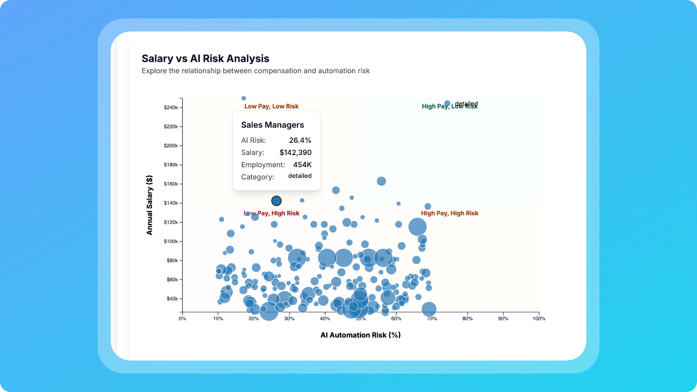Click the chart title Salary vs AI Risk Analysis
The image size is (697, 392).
coord(205,58)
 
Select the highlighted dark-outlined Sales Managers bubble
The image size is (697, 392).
coord(276,201)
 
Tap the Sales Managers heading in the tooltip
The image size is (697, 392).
coord(273,125)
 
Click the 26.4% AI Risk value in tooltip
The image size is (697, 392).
coord(300,140)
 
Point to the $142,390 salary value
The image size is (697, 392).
coord(295,152)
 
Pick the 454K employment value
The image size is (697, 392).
coord(302,165)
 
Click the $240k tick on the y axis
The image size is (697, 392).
coord(171,108)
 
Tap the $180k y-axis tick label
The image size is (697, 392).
coord(171,165)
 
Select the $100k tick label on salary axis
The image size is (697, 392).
coord(171,242)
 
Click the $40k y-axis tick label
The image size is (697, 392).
coord(172,299)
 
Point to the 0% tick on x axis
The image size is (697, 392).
coord(183,319)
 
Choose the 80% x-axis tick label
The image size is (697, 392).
coord(467,319)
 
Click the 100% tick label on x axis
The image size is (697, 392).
coord(539,319)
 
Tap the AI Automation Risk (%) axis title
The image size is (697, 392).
coord(360,335)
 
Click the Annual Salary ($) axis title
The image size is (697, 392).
coord(150,205)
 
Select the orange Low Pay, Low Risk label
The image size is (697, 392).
coord(271,106)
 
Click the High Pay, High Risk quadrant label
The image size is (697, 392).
coord(450,213)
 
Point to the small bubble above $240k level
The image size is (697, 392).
coord(244,98)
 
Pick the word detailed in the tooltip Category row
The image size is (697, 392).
coord(300,176)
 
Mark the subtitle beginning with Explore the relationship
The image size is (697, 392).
coord(255,71)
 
